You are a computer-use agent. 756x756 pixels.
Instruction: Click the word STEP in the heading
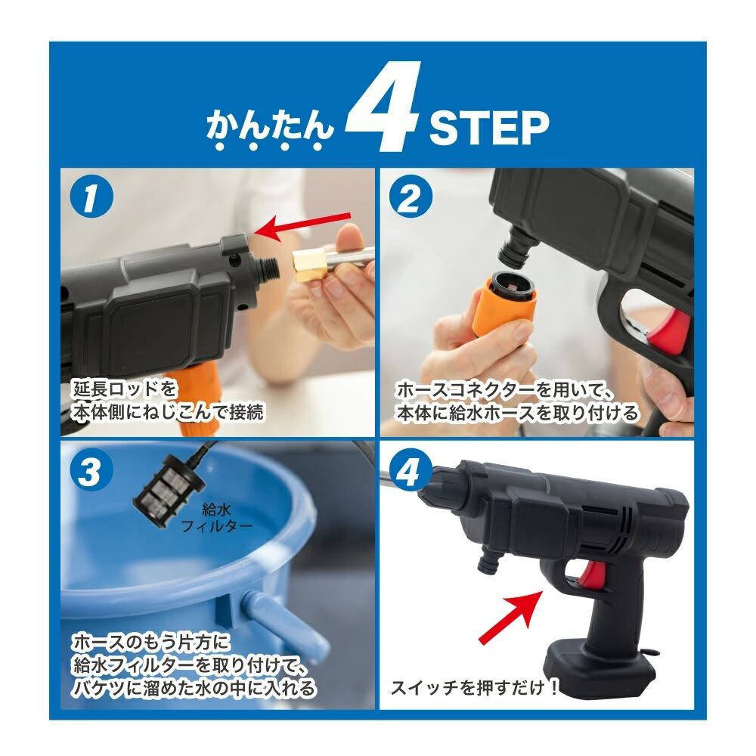click(489, 128)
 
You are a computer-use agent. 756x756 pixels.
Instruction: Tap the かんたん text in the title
click(270, 130)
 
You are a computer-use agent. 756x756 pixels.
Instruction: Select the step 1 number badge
click(91, 199)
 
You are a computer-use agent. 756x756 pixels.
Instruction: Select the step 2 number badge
click(409, 200)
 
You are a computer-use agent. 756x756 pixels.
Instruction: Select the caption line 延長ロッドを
click(125, 389)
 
